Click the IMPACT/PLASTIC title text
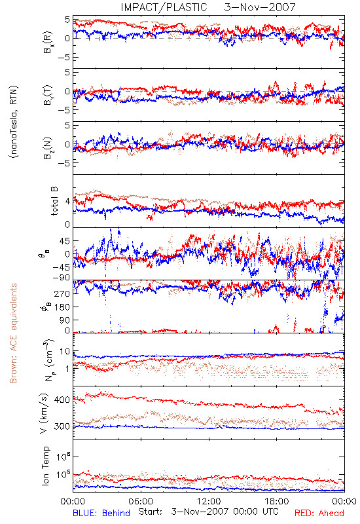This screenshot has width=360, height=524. pos(164,7)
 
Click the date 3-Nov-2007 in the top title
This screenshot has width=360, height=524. pos(260,7)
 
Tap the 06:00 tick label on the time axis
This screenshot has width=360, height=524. pos(141,501)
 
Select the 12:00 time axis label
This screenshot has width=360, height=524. pos(209,501)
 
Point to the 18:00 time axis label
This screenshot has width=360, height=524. pos(277,501)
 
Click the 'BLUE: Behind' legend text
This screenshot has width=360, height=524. pos(101,513)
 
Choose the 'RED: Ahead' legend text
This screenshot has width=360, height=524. pos(319,513)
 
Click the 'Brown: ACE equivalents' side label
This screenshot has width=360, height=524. pos(13,333)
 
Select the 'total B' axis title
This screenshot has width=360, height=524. pos(54,201)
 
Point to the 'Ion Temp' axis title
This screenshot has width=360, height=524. pos(45,466)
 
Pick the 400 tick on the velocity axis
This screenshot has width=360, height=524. pos(62,400)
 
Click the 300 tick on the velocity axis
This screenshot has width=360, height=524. pos(62,426)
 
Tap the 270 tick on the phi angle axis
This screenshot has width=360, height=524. pos(62,293)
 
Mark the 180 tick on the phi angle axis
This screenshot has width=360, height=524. pos(62,307)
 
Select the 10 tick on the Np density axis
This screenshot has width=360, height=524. pos(65,352)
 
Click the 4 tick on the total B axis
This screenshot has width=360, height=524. pos(68,202)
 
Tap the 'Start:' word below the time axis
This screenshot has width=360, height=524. pos(150,512)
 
